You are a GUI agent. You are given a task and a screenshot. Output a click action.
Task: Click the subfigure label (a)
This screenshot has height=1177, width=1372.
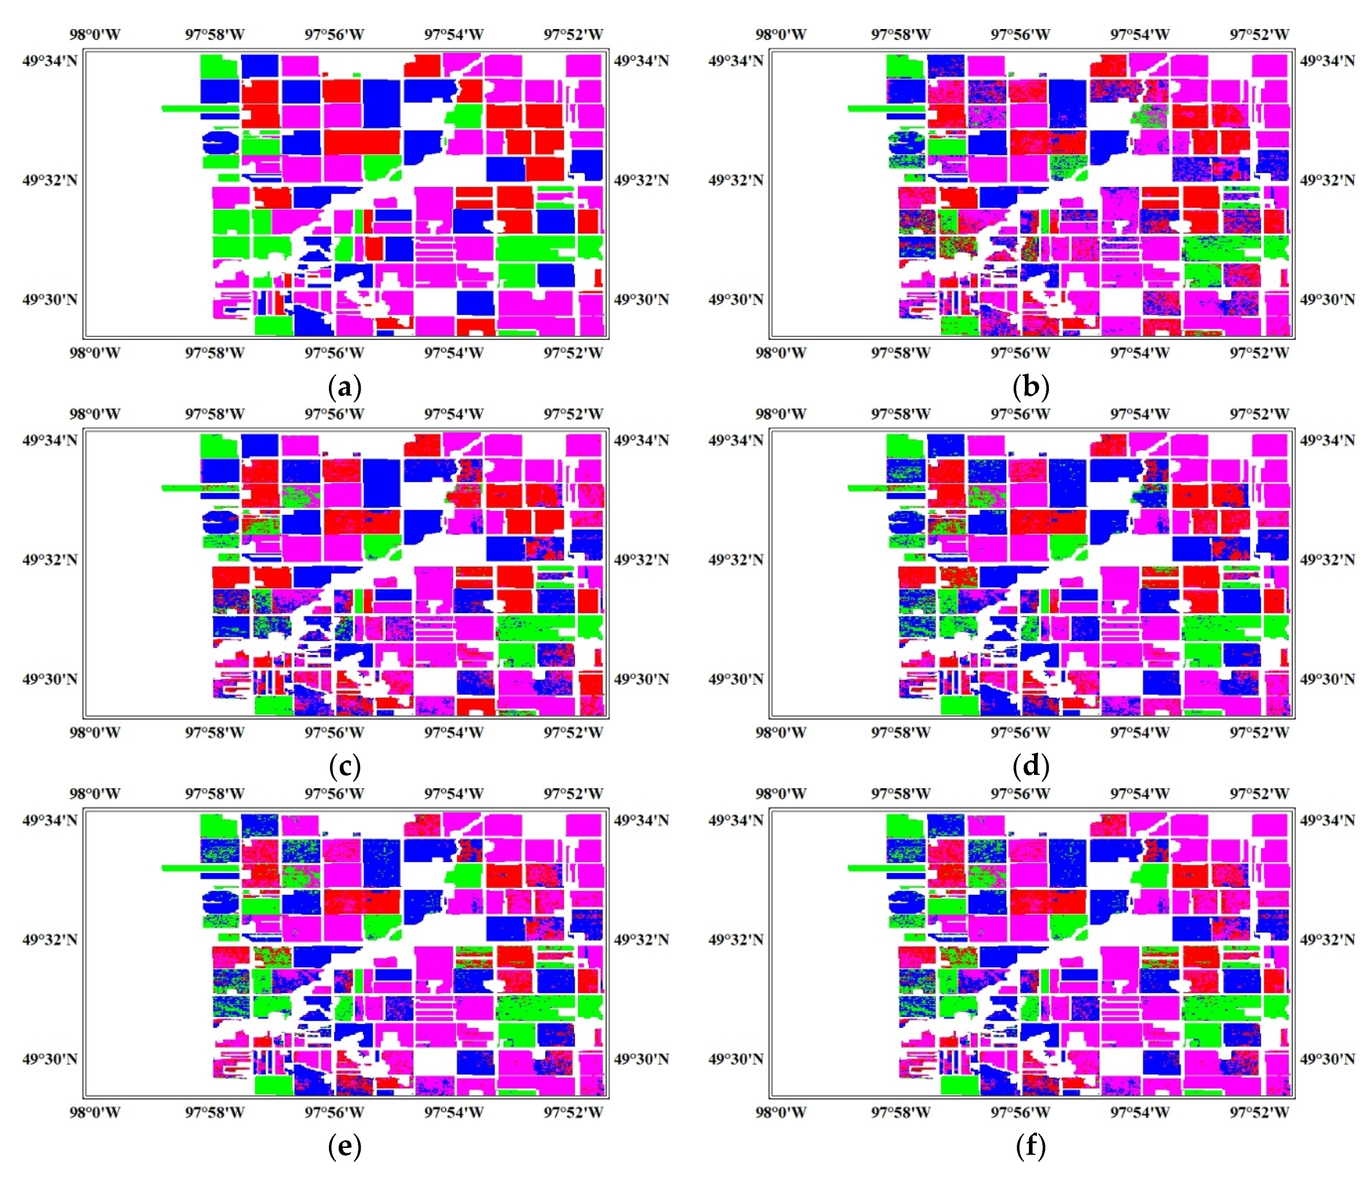[344, 388]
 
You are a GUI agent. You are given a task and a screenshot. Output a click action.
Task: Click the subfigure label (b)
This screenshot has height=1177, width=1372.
[1031, 388]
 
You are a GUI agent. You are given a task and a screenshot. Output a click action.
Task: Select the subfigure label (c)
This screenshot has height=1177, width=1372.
[344, 767]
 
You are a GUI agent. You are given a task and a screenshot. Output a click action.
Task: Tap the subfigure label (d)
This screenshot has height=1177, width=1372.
[1031, 767]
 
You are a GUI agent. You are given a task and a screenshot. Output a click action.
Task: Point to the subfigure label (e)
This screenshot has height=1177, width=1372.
[344, 1147]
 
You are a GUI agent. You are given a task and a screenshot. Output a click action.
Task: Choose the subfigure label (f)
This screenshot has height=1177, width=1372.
[1031, 1147]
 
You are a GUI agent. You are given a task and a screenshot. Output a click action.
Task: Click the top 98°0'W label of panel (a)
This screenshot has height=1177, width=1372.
[95, 35]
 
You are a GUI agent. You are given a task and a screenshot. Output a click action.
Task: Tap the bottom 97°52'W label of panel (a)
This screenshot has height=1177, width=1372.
[573, 353]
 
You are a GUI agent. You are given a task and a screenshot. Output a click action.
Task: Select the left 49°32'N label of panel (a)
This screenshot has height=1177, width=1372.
[50, 180]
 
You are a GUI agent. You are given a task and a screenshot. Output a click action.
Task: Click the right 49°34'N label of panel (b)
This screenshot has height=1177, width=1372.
[1327, 61]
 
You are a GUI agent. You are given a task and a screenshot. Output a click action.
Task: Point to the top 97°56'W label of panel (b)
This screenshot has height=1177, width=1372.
[1020, 35]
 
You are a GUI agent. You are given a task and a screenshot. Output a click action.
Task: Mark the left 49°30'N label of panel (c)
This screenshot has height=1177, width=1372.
[50, 679]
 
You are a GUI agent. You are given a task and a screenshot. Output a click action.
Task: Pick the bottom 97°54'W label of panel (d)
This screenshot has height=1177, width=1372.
[1139, 733]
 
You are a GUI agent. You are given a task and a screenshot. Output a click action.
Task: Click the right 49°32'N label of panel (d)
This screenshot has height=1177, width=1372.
[1327, 560]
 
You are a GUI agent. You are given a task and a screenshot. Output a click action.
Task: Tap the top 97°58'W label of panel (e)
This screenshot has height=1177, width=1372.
[214, 793]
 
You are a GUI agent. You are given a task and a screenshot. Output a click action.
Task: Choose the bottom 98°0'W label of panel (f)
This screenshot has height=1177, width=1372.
[781, 1112]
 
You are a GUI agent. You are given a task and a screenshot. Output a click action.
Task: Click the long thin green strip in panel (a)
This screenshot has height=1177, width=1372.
[199, 108]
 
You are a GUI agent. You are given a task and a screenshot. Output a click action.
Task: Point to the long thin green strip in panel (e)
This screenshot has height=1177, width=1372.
[199, 868]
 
